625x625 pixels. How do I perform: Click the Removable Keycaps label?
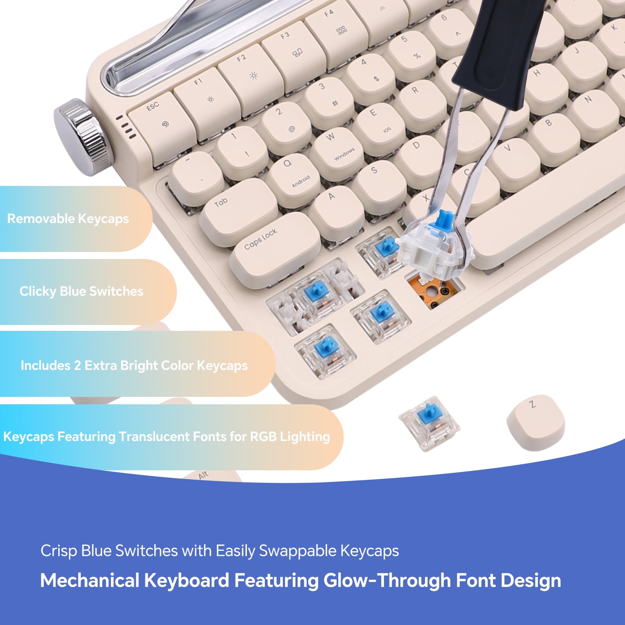click(68, 219)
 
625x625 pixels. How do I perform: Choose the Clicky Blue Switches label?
click(81, 291)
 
